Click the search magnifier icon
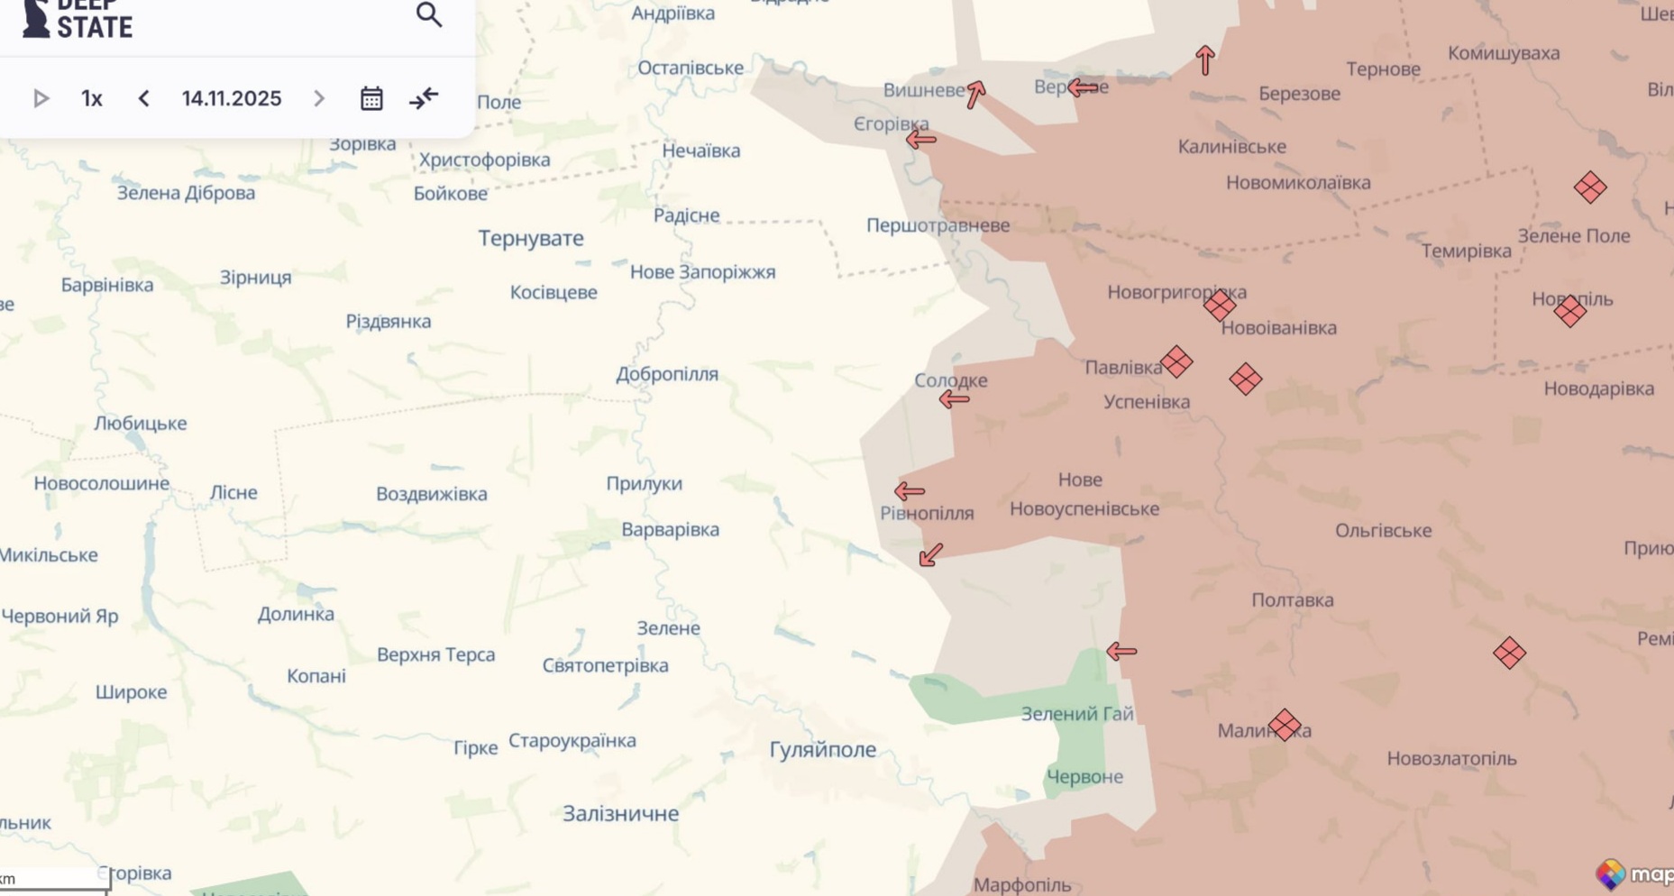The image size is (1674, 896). point(428,14)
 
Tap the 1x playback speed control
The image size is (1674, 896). point(91,98)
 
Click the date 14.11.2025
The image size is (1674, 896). point(232,98)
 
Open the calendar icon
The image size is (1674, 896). point(371,98)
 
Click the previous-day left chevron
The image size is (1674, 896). point(144,98)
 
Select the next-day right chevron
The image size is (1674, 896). point(319,98)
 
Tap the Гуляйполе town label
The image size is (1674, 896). point(822,749)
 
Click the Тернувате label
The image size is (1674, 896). point(530,238)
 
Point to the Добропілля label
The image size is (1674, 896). point(666,374)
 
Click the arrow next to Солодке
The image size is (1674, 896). point(954,399)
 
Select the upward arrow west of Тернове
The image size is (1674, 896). point(1205,59)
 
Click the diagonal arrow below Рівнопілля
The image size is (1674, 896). point(930,555)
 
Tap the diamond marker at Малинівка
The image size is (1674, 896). point(1285,725)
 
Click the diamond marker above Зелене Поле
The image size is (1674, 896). point(1590,187)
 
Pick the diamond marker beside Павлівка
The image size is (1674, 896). point(1176,361)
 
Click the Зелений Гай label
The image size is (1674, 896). point(1076,714)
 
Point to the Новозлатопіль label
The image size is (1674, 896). point(1450,759)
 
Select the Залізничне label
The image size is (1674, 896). point(620,813)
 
